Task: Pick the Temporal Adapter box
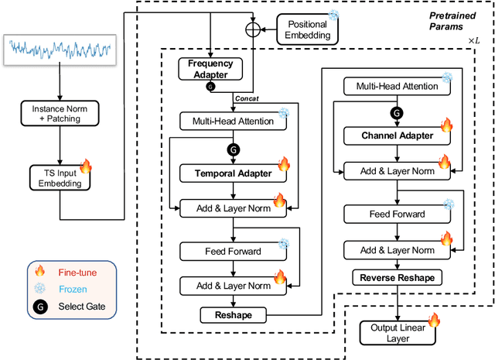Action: click(232, 173)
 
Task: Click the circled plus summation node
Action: click(253, 30)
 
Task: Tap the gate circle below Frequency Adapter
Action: click(210, 87)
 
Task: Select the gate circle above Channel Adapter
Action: click(397, 113)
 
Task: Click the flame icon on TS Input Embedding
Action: click(85, 166)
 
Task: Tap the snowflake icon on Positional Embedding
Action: click(333, 15)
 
